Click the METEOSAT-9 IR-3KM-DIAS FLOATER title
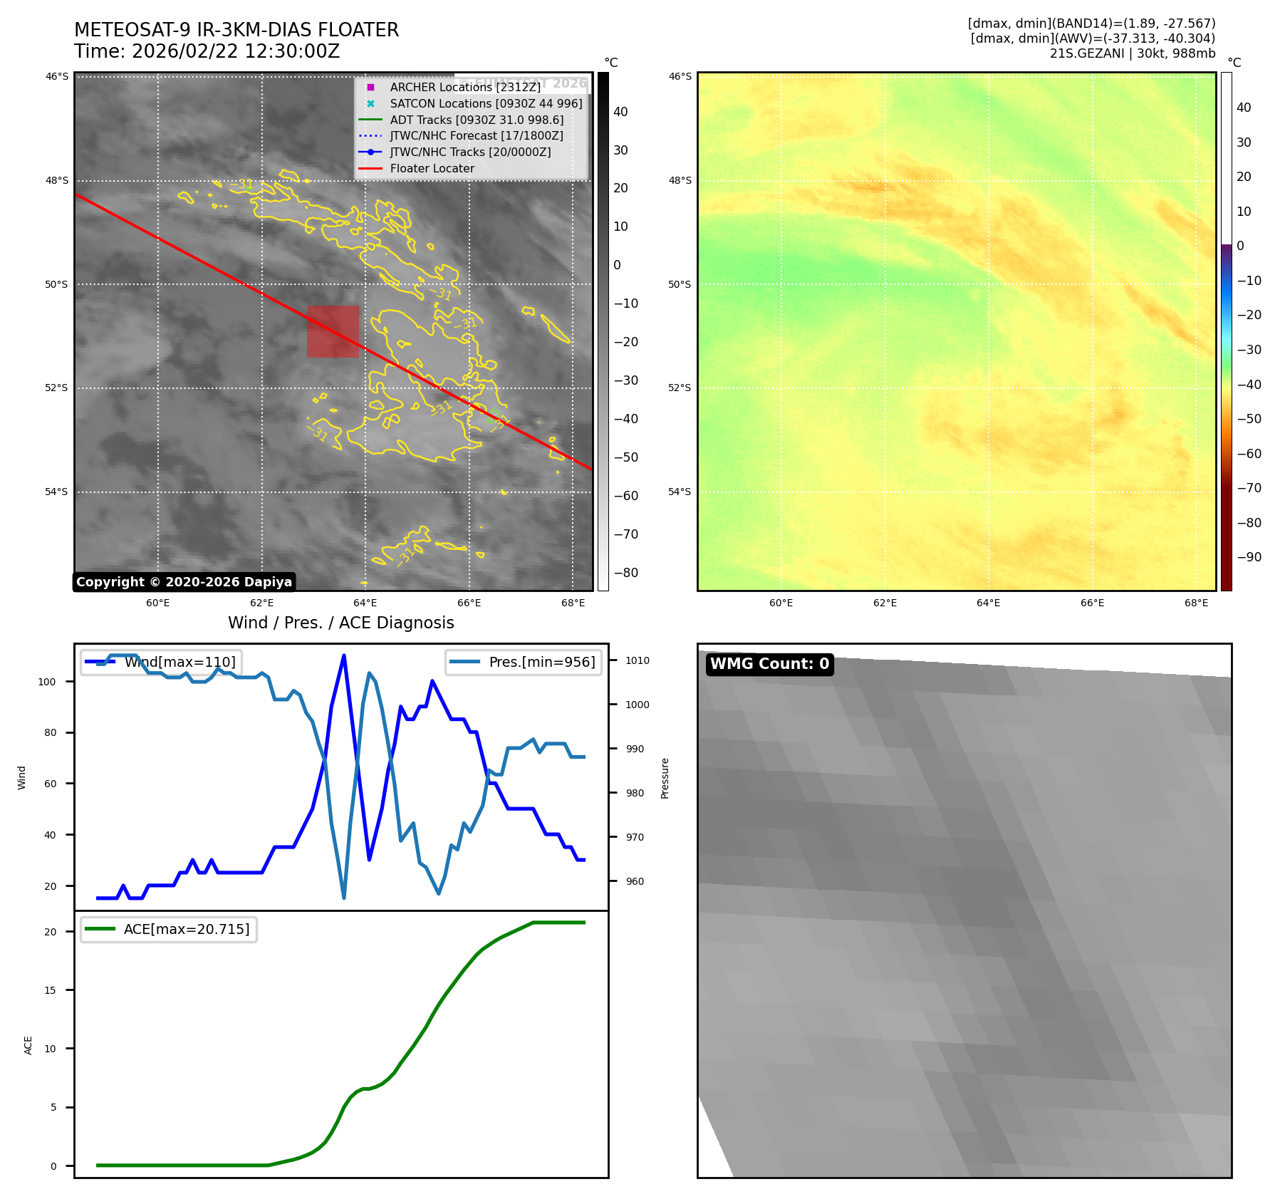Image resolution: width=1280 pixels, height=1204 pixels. click(236, 30)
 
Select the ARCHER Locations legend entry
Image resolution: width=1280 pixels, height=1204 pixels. click(465, 87)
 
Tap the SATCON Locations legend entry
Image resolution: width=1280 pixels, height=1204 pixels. click(486, 103)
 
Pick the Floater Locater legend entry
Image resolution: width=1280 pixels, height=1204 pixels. click(432, 168)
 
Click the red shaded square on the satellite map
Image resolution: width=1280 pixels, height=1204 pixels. click(333, 331)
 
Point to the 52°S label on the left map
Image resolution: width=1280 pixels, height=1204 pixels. click(57, 388)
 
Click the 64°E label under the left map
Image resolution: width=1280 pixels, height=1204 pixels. click(365, 603)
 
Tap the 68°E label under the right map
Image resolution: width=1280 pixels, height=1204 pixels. click(1196, 603)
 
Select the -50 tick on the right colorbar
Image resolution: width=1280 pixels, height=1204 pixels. click(1249, 419)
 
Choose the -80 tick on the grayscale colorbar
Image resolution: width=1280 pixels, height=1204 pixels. click(626, 573)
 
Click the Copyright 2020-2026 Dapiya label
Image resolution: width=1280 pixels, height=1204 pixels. click(184, 582)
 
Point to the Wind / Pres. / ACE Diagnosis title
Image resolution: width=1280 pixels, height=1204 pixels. click(340, 623)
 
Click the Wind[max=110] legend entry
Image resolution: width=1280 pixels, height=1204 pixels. click(179, 662)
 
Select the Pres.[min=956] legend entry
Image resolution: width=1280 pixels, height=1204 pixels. click(541, 662)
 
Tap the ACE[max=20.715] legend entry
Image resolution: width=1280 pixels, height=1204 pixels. click(187, 929)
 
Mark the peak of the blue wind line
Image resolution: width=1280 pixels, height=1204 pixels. click(344, 655)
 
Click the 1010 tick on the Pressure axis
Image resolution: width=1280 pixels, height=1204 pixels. click(638, 660)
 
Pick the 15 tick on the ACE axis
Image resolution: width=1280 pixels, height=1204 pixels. click(50, 990)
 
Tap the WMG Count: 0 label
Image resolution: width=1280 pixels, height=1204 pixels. click(769, 664)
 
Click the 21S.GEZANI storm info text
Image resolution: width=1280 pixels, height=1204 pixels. click(1133, 53)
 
